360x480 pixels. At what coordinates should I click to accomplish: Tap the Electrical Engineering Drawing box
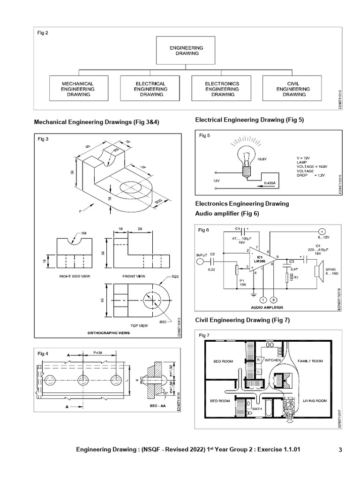tap(150, 89)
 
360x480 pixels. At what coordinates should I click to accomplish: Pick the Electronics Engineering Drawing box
tap(222, 89)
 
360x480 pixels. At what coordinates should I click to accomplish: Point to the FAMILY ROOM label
tap(310, 361)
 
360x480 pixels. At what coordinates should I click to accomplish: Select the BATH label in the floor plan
tap(256, 409)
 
